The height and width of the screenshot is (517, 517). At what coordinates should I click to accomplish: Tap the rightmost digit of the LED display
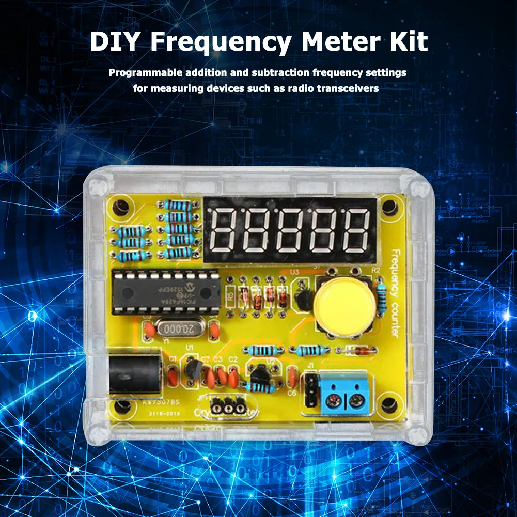point(358,229)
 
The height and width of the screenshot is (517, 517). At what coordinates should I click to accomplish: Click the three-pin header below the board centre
point(228,408)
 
